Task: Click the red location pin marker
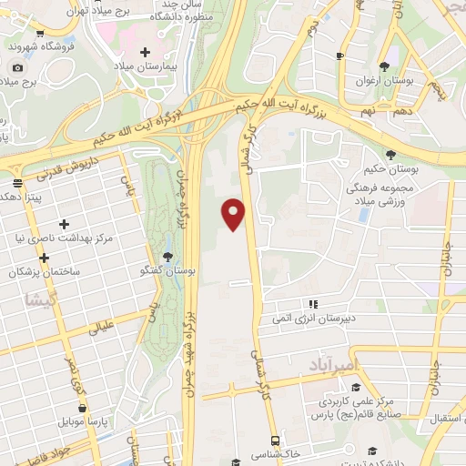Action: click(x=234, y=214)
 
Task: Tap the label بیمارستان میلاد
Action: click(x=144, y=67)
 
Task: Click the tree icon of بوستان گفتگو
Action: click(x=167, y=257)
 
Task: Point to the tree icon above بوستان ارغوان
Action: click(x=384, y=65)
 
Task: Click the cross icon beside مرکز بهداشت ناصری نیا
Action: click(x=63, y=224)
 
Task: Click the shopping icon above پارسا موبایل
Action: click(x=84, y=409)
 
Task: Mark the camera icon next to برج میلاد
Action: click(x=17, y=67)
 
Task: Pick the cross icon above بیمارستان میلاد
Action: click(x=145, y=52)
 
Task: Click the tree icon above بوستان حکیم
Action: click(x=390, y=154)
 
